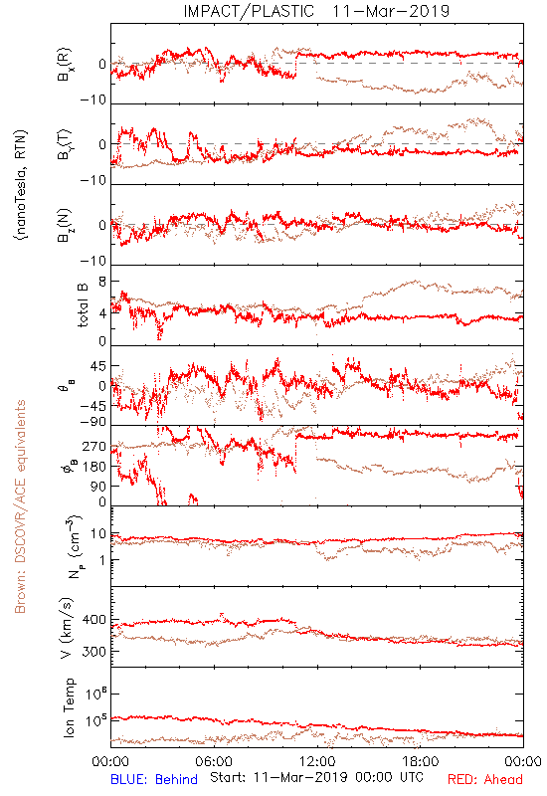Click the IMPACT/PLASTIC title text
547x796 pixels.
coord(249,11)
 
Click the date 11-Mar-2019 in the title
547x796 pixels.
coord(391,11)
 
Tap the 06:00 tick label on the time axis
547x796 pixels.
coord(214,761)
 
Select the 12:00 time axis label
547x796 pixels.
coord(317,761)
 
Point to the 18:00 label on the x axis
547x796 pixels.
coord(421,761)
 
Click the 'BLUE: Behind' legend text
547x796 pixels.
coord(154,779)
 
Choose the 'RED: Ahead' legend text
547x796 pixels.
coord(485,779)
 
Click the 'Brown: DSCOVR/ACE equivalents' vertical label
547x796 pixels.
coord(20,506)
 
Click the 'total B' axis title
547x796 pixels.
coord(83,305)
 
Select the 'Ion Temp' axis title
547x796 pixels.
coord(69,707)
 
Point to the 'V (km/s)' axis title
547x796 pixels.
coord(67,628)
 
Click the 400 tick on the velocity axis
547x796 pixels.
coord(93,620)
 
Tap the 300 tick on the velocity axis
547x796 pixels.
coord(93,652)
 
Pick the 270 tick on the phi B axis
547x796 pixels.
coord(93,446)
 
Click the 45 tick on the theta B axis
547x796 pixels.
coord(97,366)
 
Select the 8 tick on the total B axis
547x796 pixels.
coord(102,282)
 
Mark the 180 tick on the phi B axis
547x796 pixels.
coord(93,467)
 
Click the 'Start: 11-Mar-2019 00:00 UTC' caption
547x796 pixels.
coord(316,777)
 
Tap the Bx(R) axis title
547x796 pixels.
coord(65,65)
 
